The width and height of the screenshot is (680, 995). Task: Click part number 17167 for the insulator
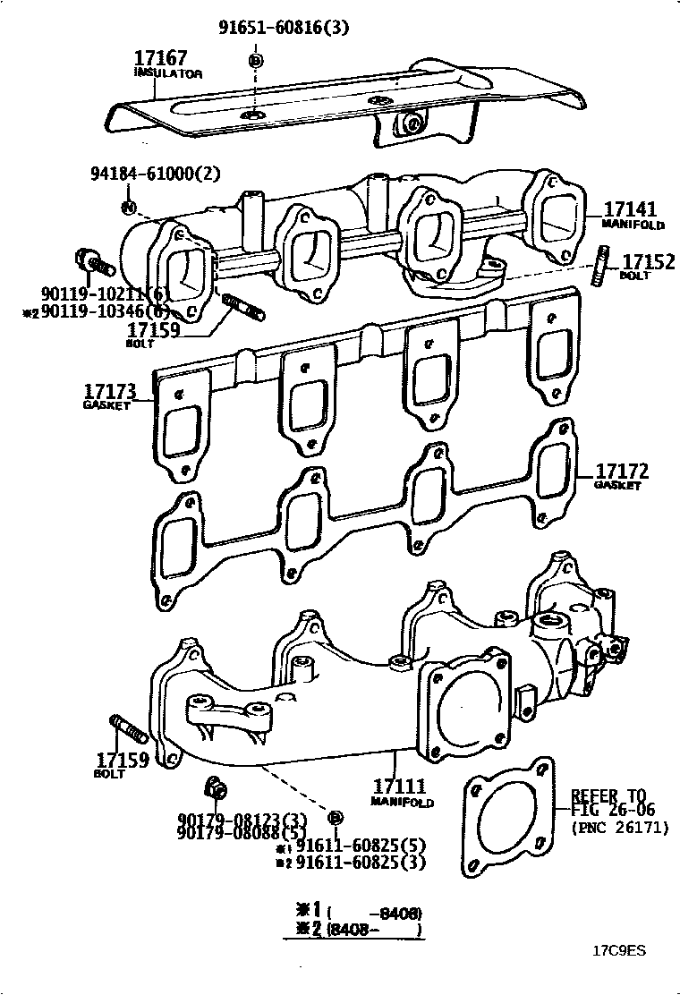click(161, 58)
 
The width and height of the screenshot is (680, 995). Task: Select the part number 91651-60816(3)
click(284, 28)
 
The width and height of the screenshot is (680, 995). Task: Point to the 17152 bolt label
click(648, 261)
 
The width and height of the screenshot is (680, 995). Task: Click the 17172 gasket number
click(622, 472)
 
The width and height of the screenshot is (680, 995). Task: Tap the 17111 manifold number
click(398, 786)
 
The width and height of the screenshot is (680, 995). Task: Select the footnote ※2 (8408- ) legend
click(353, 930)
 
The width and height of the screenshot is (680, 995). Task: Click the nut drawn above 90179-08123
click(215, 788)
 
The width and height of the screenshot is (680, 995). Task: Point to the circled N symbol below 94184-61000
click(128, 208)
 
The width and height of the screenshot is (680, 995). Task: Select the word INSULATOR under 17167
click(168, 72)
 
